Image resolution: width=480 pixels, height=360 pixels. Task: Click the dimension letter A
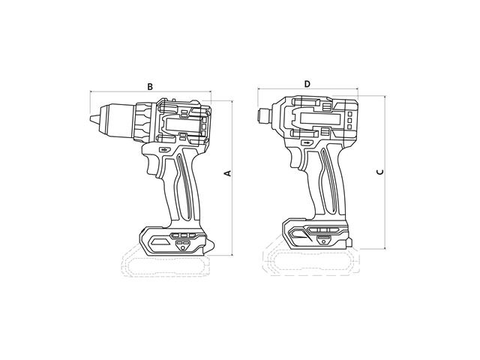228,173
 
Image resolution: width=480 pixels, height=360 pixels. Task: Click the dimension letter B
150,87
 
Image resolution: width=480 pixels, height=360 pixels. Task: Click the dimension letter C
380,172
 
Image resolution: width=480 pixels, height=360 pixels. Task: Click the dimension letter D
307,84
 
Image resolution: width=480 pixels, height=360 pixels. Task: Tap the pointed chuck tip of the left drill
91,118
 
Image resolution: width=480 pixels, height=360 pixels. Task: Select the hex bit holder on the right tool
264,116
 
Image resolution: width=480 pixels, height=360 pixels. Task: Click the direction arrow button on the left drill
164,150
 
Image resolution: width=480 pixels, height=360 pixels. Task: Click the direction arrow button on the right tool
307,142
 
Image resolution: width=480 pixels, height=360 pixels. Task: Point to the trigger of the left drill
151,164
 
